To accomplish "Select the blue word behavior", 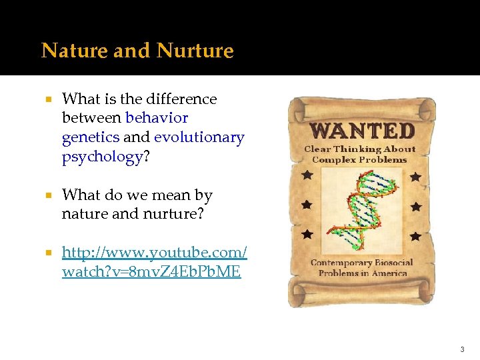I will [x=157, y=118].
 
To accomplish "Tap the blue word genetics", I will [x=91, y=137].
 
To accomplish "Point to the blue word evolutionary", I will [x=199, y=137].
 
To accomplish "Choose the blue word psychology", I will [x=102, y=157].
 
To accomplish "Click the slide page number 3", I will [x=461, y=349].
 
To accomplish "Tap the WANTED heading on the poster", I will [x=363, y=129].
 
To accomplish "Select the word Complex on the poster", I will [x=333, y=159].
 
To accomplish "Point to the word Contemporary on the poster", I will [x=341, y=263].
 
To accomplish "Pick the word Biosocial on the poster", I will [x=394, y=263].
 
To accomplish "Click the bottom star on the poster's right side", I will [x=415, y=236].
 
